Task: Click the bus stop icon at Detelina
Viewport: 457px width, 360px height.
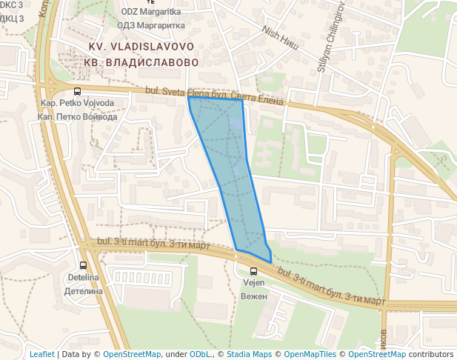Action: tap(83, 264)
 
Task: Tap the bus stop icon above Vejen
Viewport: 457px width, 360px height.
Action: tap(254, 270)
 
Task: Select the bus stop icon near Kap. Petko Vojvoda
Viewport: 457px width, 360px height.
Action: tap(78, 90)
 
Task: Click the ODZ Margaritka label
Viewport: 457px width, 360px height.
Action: tap(150, 13)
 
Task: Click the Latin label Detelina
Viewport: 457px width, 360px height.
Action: tap(83, 278)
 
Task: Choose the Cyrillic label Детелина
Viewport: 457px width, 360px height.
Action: tap(83, 291)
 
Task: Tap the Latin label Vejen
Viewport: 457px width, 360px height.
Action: tap(254, 283)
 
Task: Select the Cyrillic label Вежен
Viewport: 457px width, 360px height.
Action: tap(254, 296)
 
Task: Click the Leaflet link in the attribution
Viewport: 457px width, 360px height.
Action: tap(41, 354)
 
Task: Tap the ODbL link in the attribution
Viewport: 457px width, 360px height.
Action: tap(201, 354)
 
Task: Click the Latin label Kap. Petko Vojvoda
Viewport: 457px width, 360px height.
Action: tap(78, 103)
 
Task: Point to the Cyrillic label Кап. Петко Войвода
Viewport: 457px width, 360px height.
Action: tap(78, 117)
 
